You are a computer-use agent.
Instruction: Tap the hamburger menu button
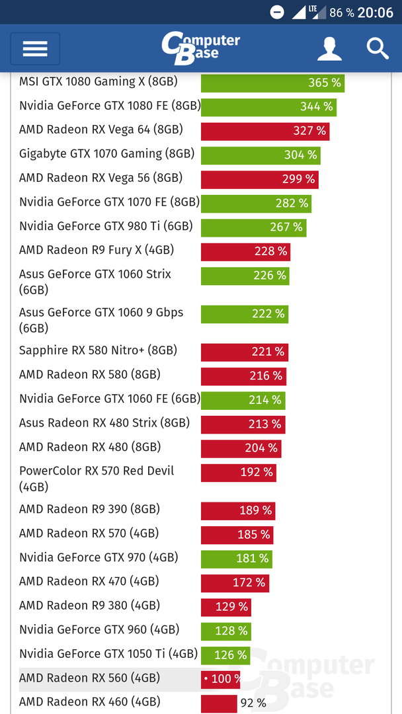click(x=35, y=49)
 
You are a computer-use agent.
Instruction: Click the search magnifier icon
click(x=378, y=48)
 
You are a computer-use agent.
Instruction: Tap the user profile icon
click(x=329, y=49)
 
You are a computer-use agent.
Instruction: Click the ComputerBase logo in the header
click(x=200, y=48)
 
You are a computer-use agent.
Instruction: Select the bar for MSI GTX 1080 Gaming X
click(x=272, y=83)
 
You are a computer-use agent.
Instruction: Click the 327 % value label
click(x=309, y=131)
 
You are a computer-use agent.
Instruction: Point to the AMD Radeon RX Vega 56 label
click(x=100, y=178)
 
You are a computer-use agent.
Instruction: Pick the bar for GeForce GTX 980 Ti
click(x=253, y=227)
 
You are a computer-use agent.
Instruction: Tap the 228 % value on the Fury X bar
click(x=271, y=251)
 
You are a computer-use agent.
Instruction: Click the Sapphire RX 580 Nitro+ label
click(x=98, y=350)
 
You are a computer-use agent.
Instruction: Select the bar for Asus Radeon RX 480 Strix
click(x=242, y=424)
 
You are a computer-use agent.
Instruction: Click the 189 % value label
click(x=255, y=510)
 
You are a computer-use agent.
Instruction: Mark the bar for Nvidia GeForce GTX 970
click(x=236, y=559)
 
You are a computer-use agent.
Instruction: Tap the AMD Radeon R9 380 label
click(x=89, y=606)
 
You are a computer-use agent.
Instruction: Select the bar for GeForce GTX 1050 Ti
click(x=225, y=655)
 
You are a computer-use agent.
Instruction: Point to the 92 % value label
click(x=253, y=703)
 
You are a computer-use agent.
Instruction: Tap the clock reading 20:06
click(x=376, y=13)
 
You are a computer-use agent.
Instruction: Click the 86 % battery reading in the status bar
click(x=342, y=13)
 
